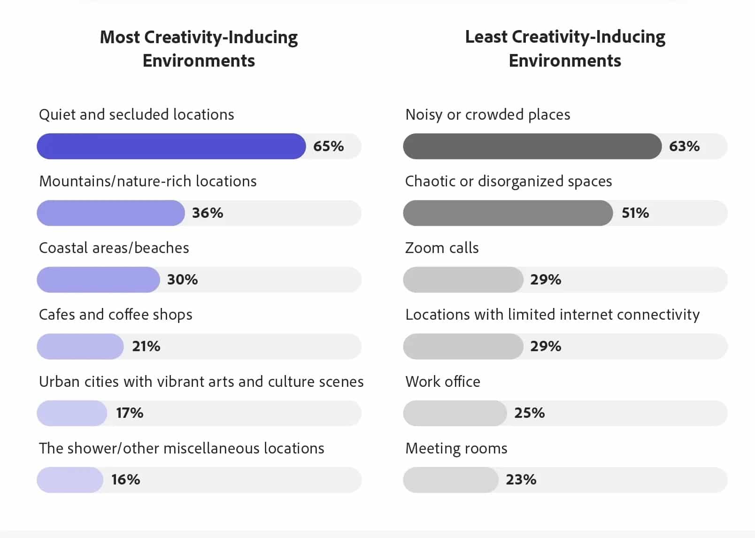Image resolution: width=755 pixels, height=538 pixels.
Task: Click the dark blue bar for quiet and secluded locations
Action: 171,146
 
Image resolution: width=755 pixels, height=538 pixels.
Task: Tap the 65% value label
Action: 328,146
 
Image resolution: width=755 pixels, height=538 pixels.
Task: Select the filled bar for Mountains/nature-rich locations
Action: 111,213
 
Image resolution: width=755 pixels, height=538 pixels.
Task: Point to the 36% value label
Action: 208,213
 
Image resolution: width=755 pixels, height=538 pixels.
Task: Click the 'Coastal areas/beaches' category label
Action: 114,247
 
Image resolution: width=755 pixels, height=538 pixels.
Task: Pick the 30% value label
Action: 182,279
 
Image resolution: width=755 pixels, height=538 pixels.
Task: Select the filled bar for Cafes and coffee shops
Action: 80,346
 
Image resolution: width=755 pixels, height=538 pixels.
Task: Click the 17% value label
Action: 130,413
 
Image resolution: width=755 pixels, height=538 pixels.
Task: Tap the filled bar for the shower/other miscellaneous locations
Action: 70,479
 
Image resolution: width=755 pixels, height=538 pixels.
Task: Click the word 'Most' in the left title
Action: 120,37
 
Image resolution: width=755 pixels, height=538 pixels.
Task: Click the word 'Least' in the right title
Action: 486,37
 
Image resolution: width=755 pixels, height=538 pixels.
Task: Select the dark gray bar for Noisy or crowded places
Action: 532,146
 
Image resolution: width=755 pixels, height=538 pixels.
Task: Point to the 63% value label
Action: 684,146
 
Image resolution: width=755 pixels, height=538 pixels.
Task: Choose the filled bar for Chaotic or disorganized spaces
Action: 508,213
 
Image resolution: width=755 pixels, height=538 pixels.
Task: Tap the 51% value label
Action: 635,213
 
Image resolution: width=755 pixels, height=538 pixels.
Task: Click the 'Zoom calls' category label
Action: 442,247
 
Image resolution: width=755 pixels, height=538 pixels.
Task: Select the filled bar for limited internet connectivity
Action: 463,346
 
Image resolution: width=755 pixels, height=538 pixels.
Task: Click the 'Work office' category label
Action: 443,381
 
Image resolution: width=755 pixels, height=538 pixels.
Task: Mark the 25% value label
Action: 529,413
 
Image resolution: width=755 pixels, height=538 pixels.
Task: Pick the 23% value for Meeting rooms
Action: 521,479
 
